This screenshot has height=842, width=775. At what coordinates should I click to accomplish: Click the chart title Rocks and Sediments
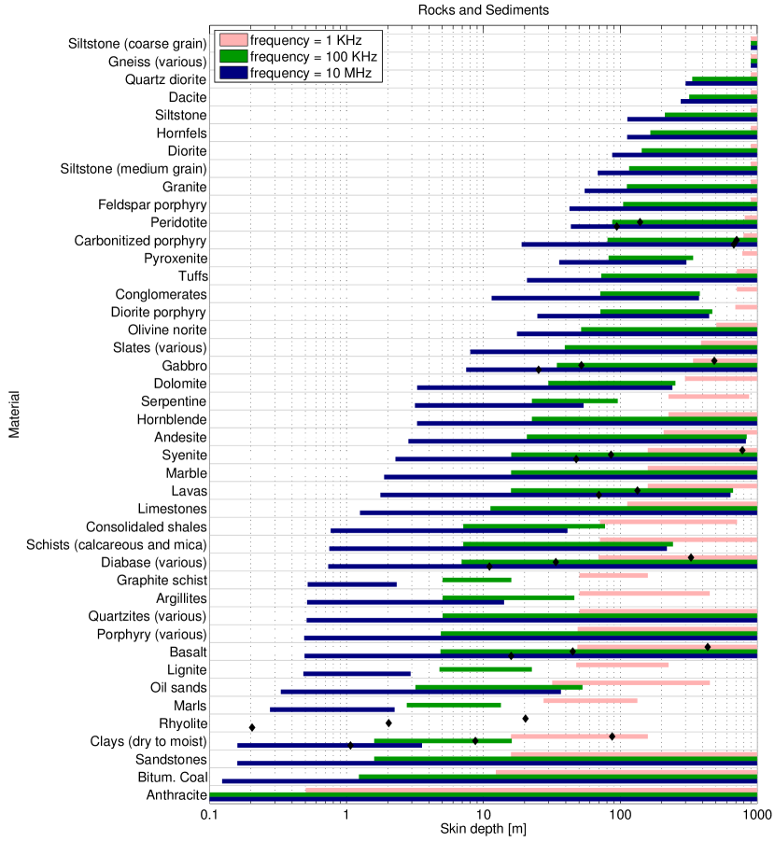click(x=483, y=9)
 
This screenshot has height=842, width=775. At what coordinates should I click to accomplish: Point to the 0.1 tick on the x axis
click(x=209, y=814)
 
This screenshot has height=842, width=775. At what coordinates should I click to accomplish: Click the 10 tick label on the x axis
click(x=483, y=814)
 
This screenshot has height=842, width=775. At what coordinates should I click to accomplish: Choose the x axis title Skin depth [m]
click(x=483, y=828)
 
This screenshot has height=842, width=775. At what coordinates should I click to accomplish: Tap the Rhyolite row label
click(x=182, y=723)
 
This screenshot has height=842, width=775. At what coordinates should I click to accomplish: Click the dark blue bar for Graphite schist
click(x=352, y=584)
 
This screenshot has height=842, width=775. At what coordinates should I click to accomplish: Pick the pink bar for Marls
click(x=590, y=700)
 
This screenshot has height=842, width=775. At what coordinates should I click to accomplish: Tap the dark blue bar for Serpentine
click(x=499, y=405)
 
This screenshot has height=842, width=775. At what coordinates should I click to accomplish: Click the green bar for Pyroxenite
click(x=651, y=258)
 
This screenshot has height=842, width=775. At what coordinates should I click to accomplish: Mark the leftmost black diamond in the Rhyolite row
click(x=252, y=727)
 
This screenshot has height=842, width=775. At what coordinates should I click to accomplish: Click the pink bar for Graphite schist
click(x=613, y=575)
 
